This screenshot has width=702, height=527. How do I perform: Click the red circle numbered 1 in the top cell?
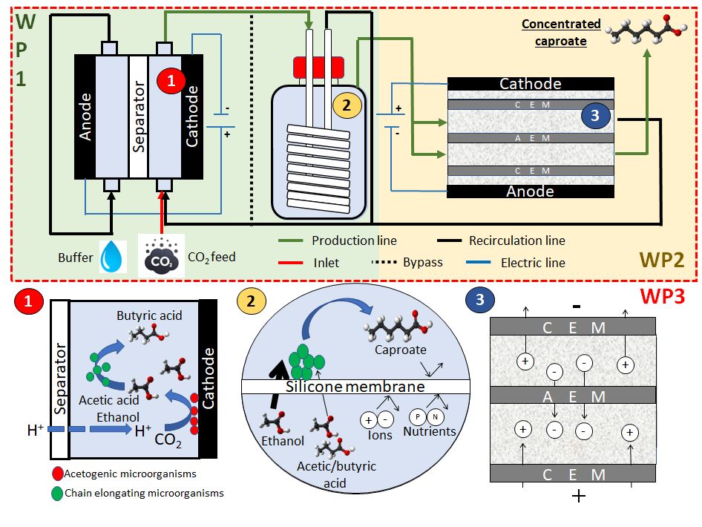pos(171,81)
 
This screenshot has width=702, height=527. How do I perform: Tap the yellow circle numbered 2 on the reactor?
pos(347,105)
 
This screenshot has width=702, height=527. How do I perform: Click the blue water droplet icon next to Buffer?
pos(114,257)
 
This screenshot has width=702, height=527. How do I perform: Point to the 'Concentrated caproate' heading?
pos(561,33)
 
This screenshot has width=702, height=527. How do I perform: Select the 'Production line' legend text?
pos(354,240)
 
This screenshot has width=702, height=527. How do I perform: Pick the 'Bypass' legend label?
pos(422,262)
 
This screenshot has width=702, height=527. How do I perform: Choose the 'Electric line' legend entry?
pos(533,262)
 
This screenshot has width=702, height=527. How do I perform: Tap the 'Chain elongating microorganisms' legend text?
pos(144,492)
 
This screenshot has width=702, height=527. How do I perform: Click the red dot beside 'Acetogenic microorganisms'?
pos(57,474)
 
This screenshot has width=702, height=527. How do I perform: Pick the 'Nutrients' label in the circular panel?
pos(429,431)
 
